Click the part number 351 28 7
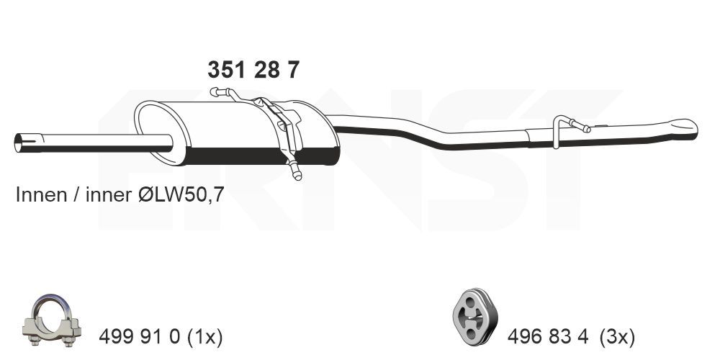(253, 70)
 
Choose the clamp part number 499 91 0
(141, 336)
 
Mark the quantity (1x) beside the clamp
(205, 336)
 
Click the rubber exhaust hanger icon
(472, 317)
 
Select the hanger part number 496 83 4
(548, 336)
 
